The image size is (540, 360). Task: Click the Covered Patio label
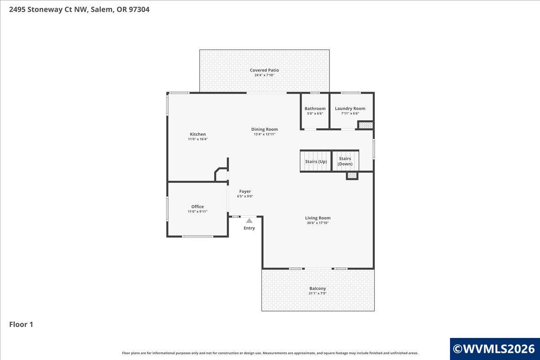tap(264, 70)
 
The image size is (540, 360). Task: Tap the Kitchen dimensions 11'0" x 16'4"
tap(198, 139)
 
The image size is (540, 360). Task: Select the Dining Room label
tap(265, 130)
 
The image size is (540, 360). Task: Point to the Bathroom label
tap(315, 108)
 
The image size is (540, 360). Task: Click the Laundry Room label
tap(350, 108)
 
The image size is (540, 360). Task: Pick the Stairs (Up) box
tap(316, 161)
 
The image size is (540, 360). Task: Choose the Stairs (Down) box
tap(345, 161)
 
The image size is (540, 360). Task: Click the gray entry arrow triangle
tap(249, 220)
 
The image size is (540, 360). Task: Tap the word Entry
tap(249, 228)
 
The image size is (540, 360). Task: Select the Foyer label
tap(245, 191)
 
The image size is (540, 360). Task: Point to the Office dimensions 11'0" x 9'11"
tap(198, 211)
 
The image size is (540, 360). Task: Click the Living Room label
tap(318, 218)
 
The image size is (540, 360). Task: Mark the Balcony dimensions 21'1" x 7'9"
tap(318, 293)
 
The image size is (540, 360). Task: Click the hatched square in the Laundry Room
tap(366, 126)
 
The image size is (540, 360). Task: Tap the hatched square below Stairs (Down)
tap(352, 175)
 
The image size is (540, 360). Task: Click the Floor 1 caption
tap(21, 324)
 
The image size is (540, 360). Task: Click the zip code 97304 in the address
tap(139, 9)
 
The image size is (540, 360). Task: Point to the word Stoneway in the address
tap(45, 9)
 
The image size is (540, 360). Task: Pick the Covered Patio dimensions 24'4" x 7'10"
tap(264, 75)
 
